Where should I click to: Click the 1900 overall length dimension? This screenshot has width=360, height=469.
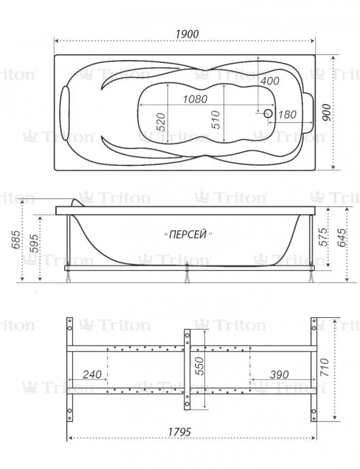tap(187, 34)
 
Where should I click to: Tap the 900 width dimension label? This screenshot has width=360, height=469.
tap(327, 113)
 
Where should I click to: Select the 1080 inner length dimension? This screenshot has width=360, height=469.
tap(195, 99)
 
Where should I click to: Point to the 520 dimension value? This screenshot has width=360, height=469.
tap(161, 122)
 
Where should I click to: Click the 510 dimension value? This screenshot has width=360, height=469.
tap(215, 120)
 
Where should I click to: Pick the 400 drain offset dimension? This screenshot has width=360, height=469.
tap(270, 80)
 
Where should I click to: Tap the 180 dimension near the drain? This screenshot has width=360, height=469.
tap(287, 114)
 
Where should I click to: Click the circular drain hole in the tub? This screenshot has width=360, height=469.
tap(268, 113)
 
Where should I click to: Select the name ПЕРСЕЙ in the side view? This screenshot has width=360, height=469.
tap(188, 234)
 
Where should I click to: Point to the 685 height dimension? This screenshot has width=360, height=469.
tap(16, 240)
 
